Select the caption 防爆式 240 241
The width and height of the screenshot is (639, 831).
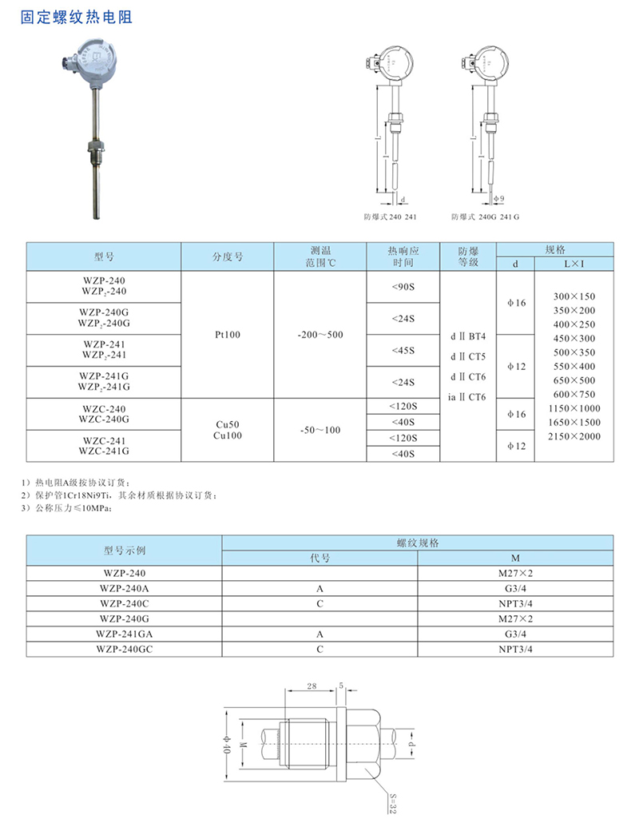390,217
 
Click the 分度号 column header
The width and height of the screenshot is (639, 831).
228,257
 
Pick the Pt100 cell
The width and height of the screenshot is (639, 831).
228,335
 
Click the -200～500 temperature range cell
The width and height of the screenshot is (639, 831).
319,335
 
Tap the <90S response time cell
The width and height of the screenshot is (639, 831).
403,288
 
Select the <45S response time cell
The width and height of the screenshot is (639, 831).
403,350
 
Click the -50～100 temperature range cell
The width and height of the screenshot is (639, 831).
319,430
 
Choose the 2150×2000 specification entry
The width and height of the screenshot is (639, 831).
574,436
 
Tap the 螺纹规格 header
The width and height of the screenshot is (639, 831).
417,543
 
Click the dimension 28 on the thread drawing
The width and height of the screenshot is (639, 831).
312,686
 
